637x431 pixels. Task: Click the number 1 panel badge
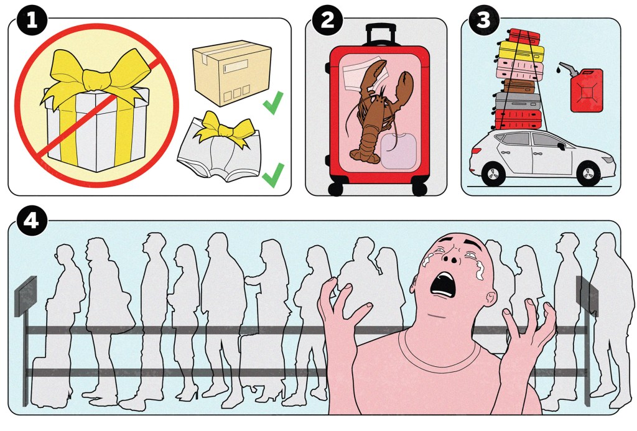(32, 21)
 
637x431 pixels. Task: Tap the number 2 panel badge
(327, 21)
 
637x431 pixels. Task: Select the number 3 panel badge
(483, 21)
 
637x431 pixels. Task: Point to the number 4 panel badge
(32, 221)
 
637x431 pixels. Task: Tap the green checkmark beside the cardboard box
(273, 103)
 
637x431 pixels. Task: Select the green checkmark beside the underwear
(273, 175)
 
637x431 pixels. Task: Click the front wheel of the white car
(588, 174)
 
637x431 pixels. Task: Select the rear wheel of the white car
(493, 174)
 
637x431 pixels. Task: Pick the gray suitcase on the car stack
(518, 101)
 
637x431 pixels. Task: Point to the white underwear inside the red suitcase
(363, 75)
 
